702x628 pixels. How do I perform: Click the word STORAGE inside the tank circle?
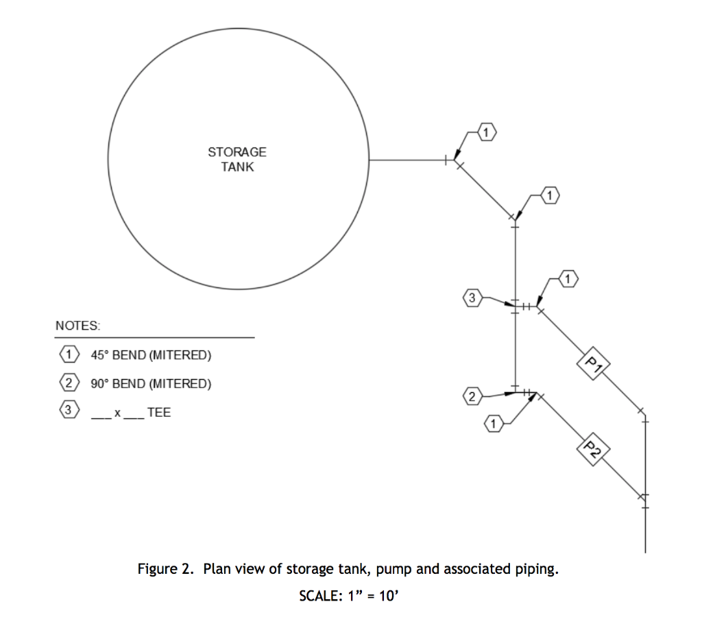point(237,152)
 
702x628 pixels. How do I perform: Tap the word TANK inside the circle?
point(237,167)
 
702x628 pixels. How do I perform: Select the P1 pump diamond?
point(593,363)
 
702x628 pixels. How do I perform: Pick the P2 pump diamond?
point(593,449)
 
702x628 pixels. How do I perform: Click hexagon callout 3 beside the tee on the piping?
point(472,298)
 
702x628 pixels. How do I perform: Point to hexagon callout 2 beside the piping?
point(472,396)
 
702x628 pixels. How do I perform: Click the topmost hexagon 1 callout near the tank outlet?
point(487,132)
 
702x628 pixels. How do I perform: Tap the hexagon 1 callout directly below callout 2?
point(494,424)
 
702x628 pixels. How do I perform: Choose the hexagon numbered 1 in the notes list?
point(69,354)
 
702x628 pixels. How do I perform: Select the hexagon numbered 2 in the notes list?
point(69,383)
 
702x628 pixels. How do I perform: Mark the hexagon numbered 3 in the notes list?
point(69,409)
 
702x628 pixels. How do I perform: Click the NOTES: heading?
point(78,326)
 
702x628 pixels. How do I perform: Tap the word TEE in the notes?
point(159,412)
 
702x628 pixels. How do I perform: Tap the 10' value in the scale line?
point(389,596)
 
